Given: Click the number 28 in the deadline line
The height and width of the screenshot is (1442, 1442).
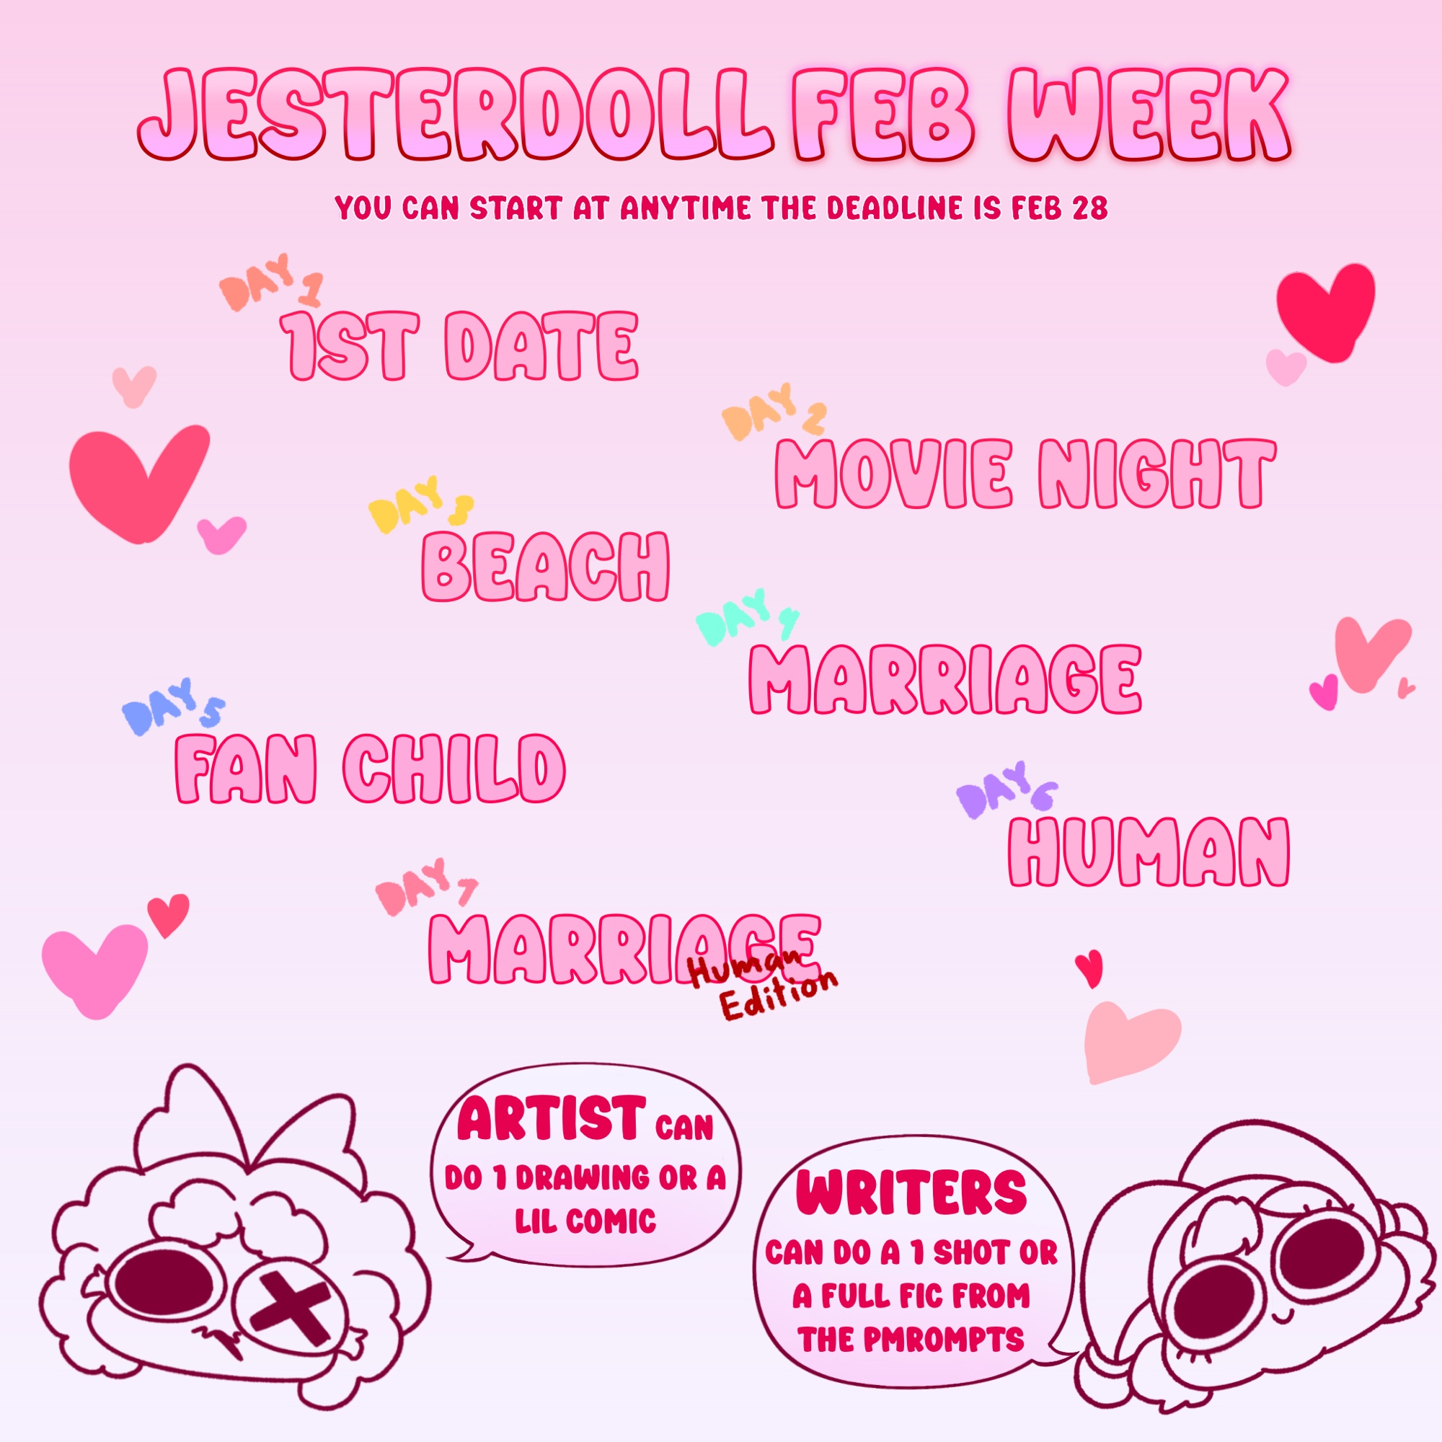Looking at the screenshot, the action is click(x=1089, y=208).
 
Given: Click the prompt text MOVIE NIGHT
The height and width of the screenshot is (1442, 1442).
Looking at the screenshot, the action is click(x=1025, y=473).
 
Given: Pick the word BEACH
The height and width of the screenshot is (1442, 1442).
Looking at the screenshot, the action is click(x=546, y=568).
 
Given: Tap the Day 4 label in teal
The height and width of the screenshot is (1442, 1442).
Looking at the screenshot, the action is click(x=747, y=617).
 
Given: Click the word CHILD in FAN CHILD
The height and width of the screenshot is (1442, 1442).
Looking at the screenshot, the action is click(x=454, y=769).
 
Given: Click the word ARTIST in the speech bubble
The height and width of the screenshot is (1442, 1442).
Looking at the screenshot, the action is click(x=552, y=1119).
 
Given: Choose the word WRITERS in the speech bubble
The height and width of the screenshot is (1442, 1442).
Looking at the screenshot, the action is click(x=911, y=1192).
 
